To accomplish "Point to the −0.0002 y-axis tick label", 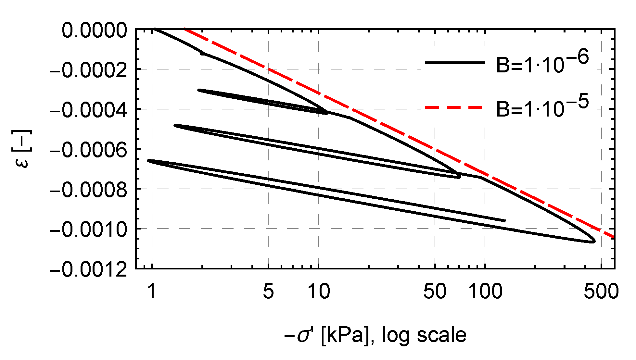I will click(x=88, y=70).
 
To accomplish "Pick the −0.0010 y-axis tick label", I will click(x=88, y=230).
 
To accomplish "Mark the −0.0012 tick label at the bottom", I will click(x=88, y=269).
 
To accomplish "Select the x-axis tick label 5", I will click(x=268, y=291).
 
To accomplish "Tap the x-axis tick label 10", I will click(x=319, y=291).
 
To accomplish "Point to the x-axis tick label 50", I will click(x=435, y=291).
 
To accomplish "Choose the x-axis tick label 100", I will click(x=485, y=291).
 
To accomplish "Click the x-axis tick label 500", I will click(x=601, y=291).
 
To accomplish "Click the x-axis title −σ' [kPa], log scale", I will click(x=375, y=335).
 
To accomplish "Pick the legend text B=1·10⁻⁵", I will click(x=542, y=107).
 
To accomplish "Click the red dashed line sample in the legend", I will click(x=455, y=107).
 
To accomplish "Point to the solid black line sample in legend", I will click(x=455, y=63).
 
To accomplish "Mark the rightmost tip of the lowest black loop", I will click(x=594, y=241).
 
